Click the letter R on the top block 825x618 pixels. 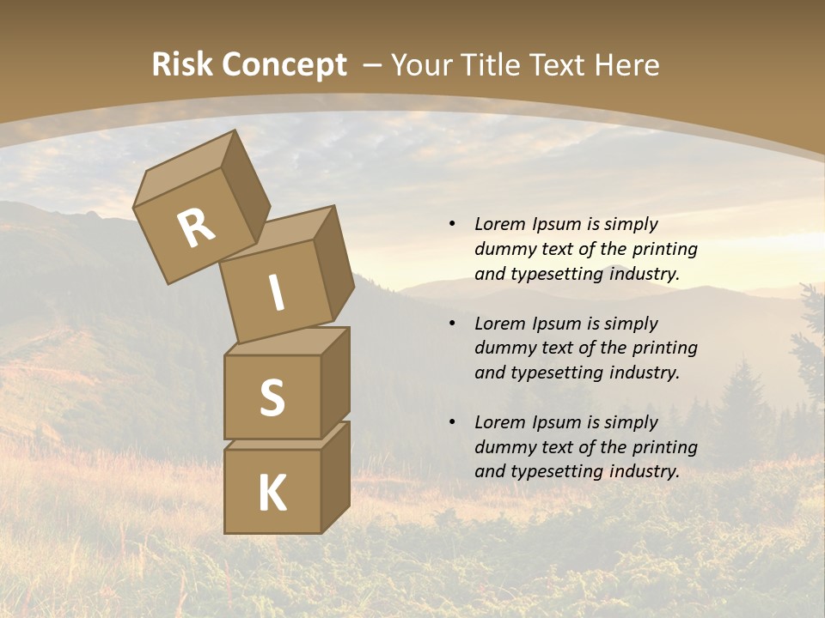[x=196, y=228]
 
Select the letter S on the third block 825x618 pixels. [x=272, y=398]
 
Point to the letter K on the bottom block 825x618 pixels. [x=272, y=494]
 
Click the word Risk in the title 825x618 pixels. [x=182, y=65]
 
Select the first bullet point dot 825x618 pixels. [x=452, y=224]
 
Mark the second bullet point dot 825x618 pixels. [x=452, y=324]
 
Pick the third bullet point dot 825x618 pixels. [x=452, y=422]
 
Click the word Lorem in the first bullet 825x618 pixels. [x=498, y=224]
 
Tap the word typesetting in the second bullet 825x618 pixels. [x=555, y=373]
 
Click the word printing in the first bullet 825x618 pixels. [x=664, y=249]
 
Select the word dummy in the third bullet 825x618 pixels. [x=501, y=447]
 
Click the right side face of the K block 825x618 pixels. [x=335, y=476]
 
